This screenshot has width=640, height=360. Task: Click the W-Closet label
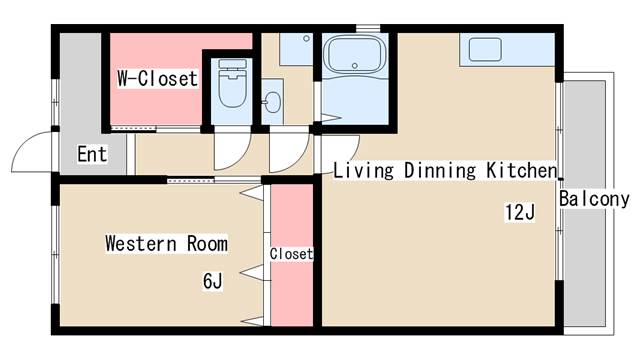pos(158,78)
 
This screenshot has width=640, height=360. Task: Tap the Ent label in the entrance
pos(93,154)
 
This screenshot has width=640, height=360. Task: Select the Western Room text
pos(167,243)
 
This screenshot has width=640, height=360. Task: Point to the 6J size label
pos(213,281)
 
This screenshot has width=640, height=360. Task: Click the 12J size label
pos(520,212)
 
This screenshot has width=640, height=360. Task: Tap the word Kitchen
pos(522,170)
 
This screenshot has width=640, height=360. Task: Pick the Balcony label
pos(594,199)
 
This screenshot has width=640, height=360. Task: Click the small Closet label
pos(291,254)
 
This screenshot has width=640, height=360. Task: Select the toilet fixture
pos(233,83)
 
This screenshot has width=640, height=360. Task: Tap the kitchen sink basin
pos(485,50)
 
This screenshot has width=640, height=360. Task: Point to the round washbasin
pos(272,102)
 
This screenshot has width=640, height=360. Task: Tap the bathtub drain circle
pos(355,66)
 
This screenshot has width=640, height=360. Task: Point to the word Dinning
pos(440,170)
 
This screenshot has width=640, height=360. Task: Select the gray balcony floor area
pos(584,203)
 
